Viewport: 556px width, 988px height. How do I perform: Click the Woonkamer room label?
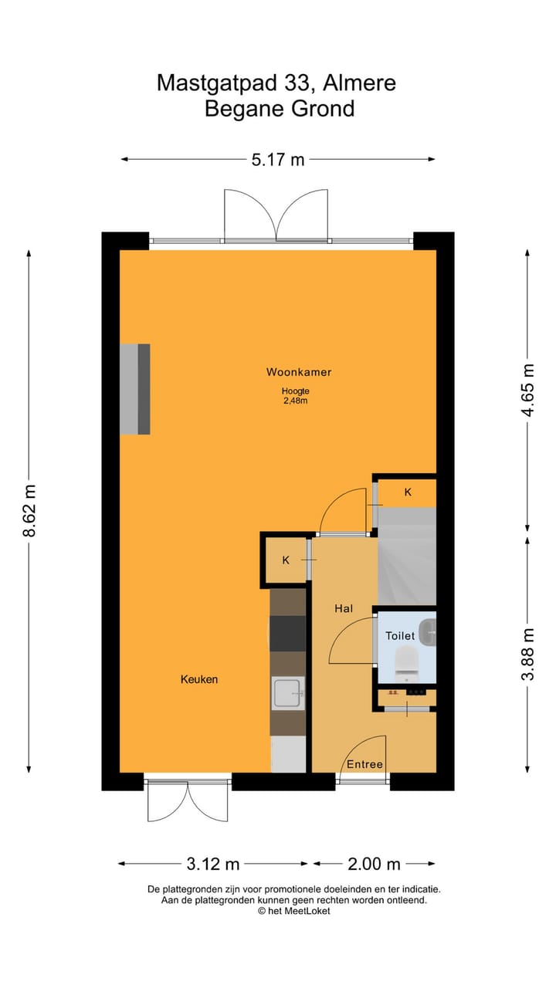(x=299, y=372)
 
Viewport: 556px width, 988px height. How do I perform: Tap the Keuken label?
(x=199, y=679)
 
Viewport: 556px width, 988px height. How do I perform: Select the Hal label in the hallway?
(x=344, y=608)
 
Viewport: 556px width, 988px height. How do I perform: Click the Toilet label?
(x=400, y=636)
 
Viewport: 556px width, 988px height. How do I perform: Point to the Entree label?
(x=364, y=764)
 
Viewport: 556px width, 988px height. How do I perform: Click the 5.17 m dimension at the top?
(x=278, y=160)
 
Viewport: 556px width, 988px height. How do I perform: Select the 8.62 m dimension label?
(x=29, y=510)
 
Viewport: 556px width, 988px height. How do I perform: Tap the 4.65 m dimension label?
(x=527, y=390)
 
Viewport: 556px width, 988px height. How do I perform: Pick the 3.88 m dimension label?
(x=527, y=654)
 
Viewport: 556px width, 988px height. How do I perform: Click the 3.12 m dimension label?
(x=213, y=863)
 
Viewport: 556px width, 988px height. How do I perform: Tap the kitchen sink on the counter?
(x=288, y=693)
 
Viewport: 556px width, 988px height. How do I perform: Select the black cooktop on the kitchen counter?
(x=287, y=634)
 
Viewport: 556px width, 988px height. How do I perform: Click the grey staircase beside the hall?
(x=407, y=556)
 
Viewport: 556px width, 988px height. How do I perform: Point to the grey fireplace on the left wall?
(x=134, y=389)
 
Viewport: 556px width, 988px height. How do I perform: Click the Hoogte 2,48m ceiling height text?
(x=295, y=395)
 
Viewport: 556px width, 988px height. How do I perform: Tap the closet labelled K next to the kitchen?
(x=286, y=560)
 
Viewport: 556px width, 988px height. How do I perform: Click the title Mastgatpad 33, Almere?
(x=276, y=83)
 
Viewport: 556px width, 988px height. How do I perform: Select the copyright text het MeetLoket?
(x=294, y=911)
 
